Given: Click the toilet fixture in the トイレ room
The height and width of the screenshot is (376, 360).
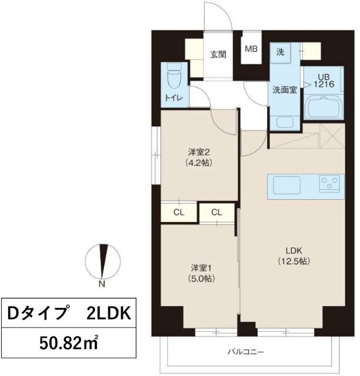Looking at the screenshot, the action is click(174, 77).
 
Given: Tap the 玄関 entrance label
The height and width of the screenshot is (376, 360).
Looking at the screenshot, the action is click(218, 55).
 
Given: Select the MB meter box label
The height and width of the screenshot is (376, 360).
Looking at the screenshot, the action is click(251, 49).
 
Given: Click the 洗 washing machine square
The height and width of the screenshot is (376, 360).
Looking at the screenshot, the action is click(280, 52).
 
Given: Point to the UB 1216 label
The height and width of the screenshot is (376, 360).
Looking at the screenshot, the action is click(324, 81).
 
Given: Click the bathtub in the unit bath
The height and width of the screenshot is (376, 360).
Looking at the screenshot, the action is click(324, 107).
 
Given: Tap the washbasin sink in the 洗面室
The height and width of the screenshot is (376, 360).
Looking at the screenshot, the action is click(285, 122).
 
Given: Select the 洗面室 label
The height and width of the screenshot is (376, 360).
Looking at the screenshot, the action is click(285, 90).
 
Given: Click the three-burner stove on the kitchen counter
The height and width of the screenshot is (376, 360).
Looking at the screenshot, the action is click(329, 184).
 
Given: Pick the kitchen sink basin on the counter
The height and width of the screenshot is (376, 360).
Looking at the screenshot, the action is click(286, 185).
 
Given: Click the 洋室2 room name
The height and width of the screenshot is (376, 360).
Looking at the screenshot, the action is click(199, 152).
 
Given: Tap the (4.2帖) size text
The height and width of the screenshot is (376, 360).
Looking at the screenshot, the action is click(199, 163).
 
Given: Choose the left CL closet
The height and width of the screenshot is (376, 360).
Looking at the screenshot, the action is click(179, 213).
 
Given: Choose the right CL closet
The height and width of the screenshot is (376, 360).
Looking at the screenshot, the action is click(216, 212).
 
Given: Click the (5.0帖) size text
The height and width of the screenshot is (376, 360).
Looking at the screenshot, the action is click(202, 278).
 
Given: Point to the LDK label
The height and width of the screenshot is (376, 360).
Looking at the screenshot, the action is click(294, 251).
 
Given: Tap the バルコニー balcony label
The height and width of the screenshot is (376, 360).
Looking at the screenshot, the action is click(246, 352).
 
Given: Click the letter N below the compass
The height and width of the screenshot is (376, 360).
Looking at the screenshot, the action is click(102, 284).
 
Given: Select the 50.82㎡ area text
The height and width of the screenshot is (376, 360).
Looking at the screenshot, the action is click(69, 343).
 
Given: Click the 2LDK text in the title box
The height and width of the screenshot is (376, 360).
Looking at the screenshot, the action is click(109, 313).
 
